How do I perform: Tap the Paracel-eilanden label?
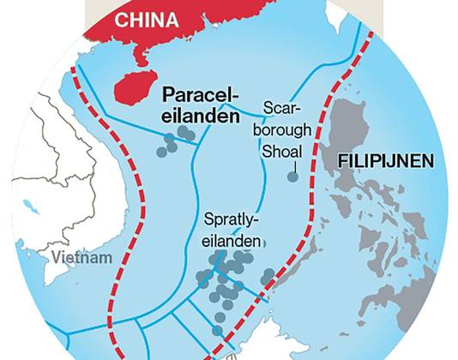(x=199, y=105)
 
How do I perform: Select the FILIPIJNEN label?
(x=384, y=160)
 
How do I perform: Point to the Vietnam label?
(x=81, y=257)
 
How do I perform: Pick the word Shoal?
(x=283, y=158)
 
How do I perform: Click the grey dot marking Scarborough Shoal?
(x=292, y=177)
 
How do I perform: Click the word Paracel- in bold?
(x=199, y=95)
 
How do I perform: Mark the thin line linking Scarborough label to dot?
(x=292, y=169)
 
